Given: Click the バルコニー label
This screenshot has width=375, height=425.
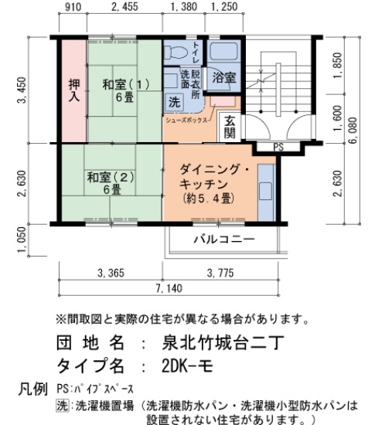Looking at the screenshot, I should pos(223,239).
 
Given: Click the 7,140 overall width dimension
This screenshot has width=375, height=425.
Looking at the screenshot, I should pos(169,287).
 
